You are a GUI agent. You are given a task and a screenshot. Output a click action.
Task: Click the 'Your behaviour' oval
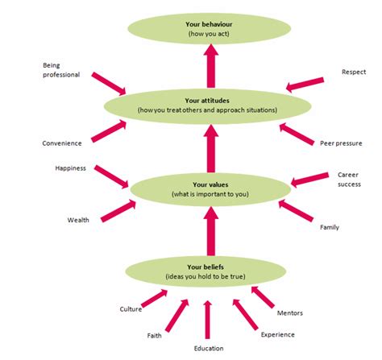click(x=208, y=30)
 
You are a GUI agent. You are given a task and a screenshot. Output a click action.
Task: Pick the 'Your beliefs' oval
click(x=208, y=271)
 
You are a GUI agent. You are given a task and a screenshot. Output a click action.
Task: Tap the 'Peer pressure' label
click(x=338, y=143)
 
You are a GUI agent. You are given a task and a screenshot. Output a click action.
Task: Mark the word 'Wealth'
click(x=78, y=219)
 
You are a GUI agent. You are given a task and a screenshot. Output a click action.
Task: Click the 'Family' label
click(x=330, y=227)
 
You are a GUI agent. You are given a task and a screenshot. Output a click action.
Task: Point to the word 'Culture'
click(x=131, y=308)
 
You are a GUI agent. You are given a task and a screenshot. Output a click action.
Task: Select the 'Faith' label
click(x=155, y=334)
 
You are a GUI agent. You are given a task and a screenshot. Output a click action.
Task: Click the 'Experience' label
click(x=277, y=334)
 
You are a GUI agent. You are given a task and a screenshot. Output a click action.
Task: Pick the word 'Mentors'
click(x=290, y=312)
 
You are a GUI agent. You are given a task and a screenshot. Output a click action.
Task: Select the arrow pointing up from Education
click(x=208, y=319)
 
